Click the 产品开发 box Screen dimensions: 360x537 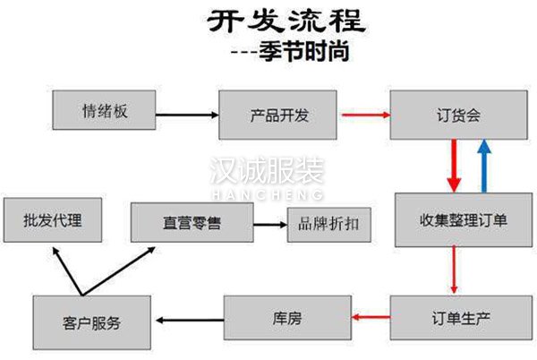(x=277, y=114)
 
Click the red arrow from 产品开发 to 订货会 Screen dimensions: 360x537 (x=363, y=115)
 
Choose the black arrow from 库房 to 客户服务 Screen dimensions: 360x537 (x=188, y=318)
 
